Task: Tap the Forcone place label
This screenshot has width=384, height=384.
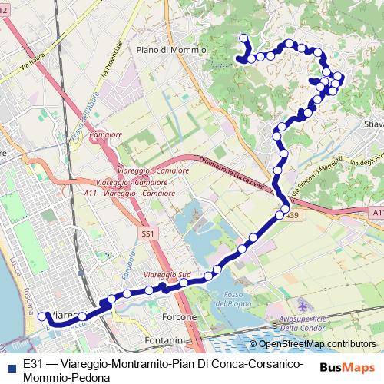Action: (x=180, y=316)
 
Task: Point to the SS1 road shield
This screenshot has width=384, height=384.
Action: (x=148, y=232)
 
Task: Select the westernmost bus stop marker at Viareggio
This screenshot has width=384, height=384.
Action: (x=43, y=315)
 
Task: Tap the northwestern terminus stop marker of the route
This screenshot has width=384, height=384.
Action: (x=244, y=38)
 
